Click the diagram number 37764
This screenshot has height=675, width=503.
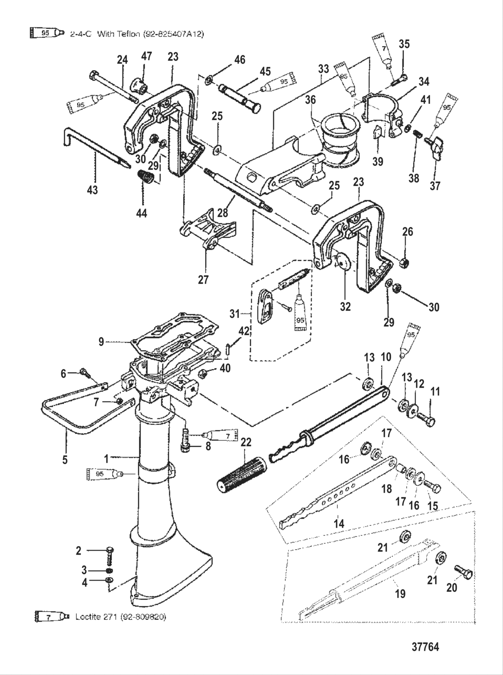[x=425, y=647]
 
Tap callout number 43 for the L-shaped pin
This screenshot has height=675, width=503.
[x=93, y=190]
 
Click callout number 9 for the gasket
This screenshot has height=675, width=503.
[x=101, y=342]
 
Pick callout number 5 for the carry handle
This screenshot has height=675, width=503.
[x=65, y=460]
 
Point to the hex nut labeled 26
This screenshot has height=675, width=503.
[x=403, y=262]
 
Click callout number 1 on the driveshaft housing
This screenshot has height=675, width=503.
[x=106, y=459]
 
